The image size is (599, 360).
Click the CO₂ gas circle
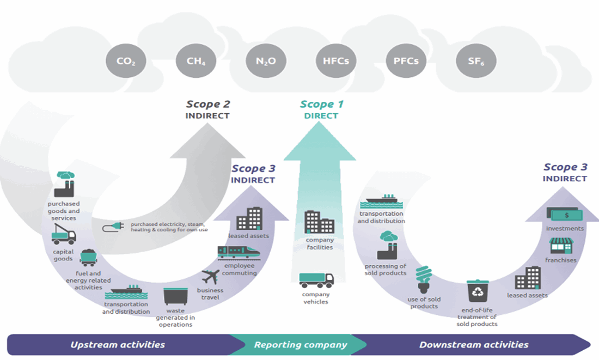126,60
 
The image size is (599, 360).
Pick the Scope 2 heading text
207,104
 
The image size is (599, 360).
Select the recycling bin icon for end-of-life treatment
478,292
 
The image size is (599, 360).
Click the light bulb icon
423,279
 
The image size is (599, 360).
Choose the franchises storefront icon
561,246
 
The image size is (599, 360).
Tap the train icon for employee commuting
238,252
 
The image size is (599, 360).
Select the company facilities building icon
320,222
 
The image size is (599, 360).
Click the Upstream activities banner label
118,345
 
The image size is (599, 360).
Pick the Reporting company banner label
301,345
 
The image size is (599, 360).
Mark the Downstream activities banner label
474,345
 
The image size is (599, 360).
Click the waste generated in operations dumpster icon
175,297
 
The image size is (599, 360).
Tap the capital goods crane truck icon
63,235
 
